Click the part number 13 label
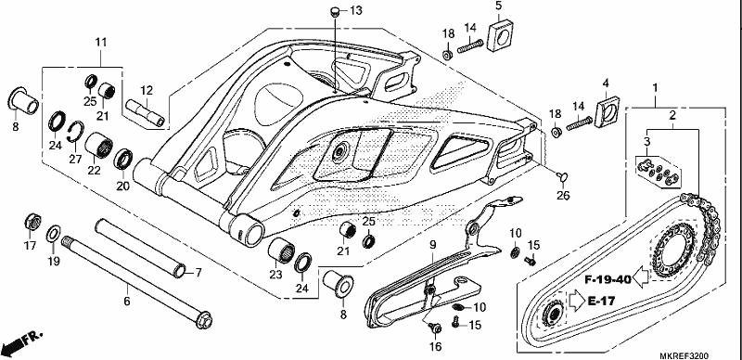pyautogui.click(x=356, y=10)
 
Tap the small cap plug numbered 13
pyautogui.click(x=335, y=11)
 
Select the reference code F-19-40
pyautogui.click(x=608, y=279)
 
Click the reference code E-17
pyautogui.click(x=602, y=301)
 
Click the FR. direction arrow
pyautogui.click(x=22, y=341)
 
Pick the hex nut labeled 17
pyautogui.click(x=32, y=222)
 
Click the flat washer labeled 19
pyautogui.click(x=54, y=233)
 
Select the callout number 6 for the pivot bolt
pyautogui.click(x=126, y=301)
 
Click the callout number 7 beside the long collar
pyautogui.click(x=198, y=273)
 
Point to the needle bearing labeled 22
pyautogui.click(x=99, y=147)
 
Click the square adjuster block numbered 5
pyautogui.click(x=501, y=35)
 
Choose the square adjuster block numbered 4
pyautogui.click(x=608, y=111)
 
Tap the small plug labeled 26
pyautogui.click(x=562, y=176)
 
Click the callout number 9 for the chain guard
pyautogui.click(x=432, y=245)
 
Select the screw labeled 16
pyautogui.click(x=434, y=328)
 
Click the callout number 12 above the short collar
pyautogui.click(x=147, y=90)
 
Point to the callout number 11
pyautogui.click(x=101, y=42)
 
